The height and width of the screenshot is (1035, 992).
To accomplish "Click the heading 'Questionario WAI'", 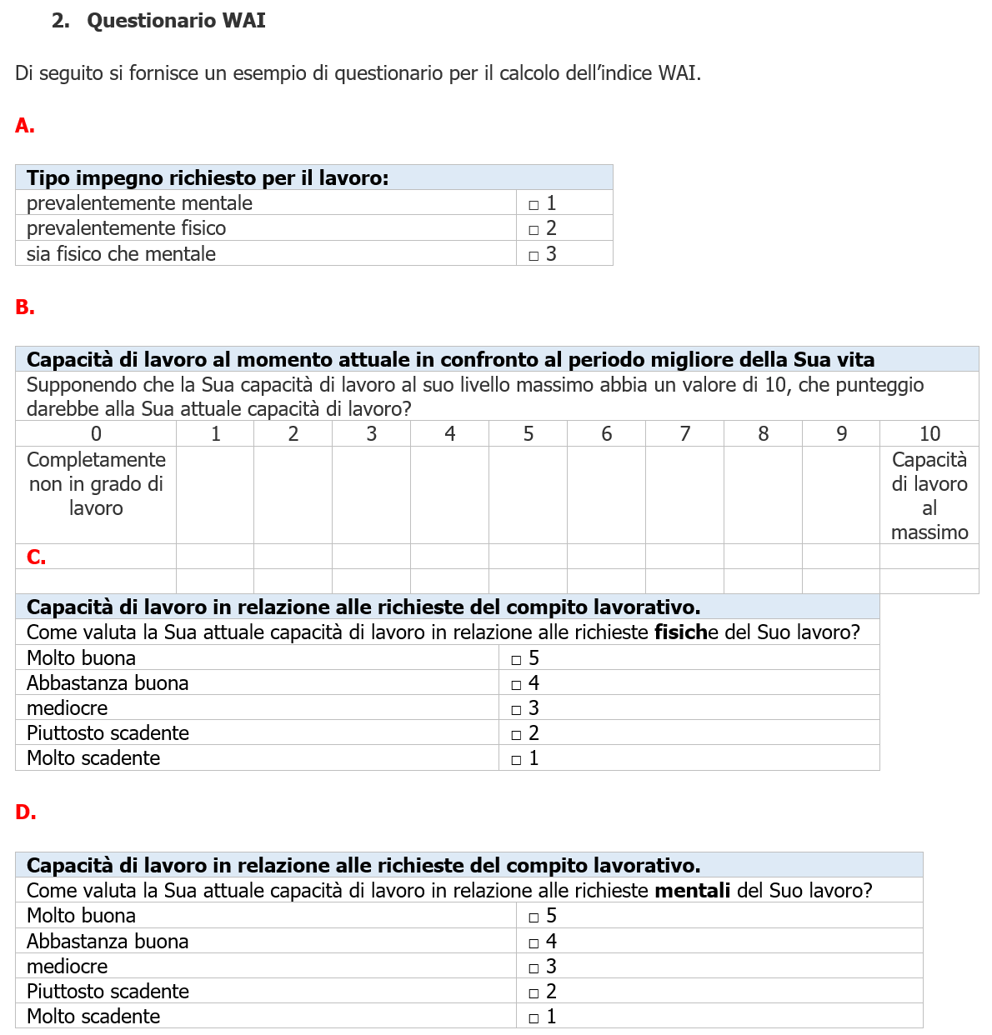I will [176, 21].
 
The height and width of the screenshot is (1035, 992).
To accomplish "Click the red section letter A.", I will [24, 126].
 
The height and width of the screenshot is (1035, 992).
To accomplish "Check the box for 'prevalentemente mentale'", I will [534, 205].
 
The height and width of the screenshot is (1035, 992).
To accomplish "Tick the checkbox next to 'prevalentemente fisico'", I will [534, 230].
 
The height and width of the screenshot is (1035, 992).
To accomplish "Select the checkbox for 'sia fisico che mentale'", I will [534, 256].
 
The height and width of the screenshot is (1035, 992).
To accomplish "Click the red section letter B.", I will [24, 307].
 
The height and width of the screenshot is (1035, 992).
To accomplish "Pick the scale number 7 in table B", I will [684, 434].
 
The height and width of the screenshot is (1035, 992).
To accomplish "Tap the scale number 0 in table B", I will [96, 434].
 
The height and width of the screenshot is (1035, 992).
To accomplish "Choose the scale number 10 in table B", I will [929, 434].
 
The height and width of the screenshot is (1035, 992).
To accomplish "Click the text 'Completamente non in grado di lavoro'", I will [96, 484].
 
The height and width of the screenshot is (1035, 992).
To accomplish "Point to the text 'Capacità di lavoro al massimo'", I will [929, 496].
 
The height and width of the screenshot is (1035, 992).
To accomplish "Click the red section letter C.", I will [36, 557].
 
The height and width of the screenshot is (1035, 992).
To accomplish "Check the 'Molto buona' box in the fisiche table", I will [516, 660].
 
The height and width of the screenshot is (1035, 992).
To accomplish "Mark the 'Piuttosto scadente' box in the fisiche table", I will [516, 735].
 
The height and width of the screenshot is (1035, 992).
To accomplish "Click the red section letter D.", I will [25, 812].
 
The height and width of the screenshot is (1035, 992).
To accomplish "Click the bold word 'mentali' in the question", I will [692, 891].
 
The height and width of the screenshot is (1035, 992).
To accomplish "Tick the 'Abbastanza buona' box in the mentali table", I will [534, 943].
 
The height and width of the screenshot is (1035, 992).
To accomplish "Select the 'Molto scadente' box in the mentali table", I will [534, 1018].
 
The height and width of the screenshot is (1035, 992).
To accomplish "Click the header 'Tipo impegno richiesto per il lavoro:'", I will [208, 178].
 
